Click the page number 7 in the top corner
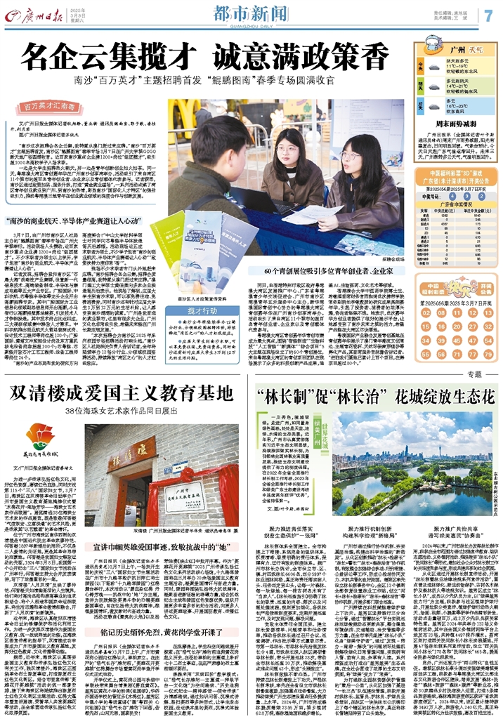(488, 15)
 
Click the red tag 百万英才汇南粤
(51, 107)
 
